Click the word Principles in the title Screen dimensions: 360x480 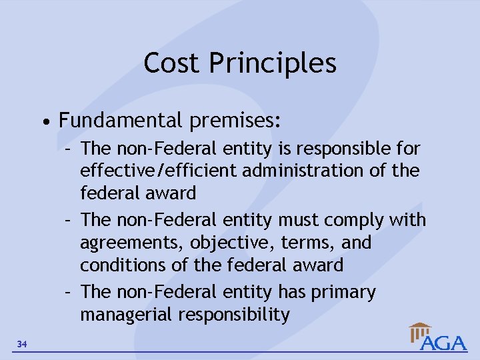tap(273, 63)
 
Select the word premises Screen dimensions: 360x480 tap(235, 121)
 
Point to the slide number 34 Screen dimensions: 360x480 tap(23, 344)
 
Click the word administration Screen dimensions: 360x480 tap(304, 171)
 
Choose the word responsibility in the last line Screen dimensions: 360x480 tap(235, 315)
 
